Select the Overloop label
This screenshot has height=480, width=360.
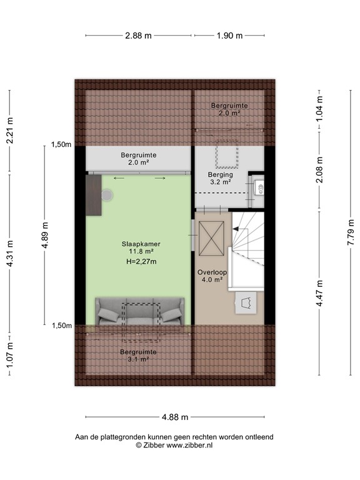212,272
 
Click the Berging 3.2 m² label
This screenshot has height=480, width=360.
220,179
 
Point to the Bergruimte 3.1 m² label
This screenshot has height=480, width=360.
137,355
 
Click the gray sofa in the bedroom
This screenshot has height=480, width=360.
139,311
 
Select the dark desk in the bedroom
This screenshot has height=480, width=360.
94,195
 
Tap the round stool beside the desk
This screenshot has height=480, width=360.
108,196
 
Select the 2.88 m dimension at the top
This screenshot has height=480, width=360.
138,36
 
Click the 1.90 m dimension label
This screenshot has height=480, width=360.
229,36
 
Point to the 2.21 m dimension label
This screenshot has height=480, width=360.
9,132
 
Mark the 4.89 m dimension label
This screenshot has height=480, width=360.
44,236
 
